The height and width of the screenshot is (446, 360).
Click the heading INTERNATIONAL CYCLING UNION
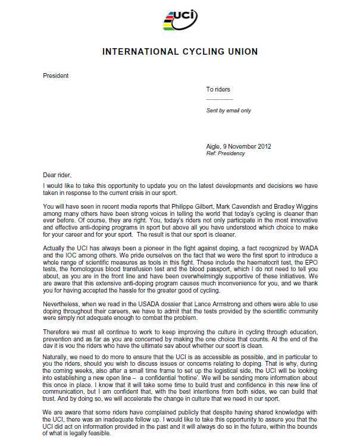180,52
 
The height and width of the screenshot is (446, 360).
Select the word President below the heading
56,76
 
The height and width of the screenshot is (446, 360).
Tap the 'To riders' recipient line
218,90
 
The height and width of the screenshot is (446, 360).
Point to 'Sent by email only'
228,111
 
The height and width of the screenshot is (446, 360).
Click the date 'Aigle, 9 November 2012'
240,146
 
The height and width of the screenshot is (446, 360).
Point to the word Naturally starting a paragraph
58,353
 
